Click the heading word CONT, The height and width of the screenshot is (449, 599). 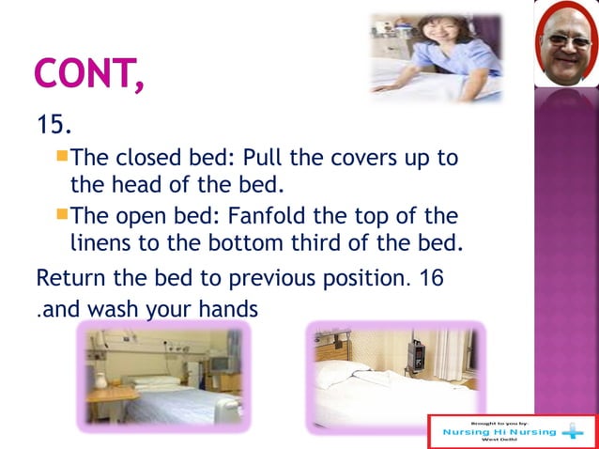[x=89, y=74]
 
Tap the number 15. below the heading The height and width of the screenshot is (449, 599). [x=54, y=124]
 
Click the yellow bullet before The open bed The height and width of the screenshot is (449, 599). [x=62, y=216]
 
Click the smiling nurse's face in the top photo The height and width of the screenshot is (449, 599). [x=435, y=33]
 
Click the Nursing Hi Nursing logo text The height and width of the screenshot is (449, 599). [x=499, y=432]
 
